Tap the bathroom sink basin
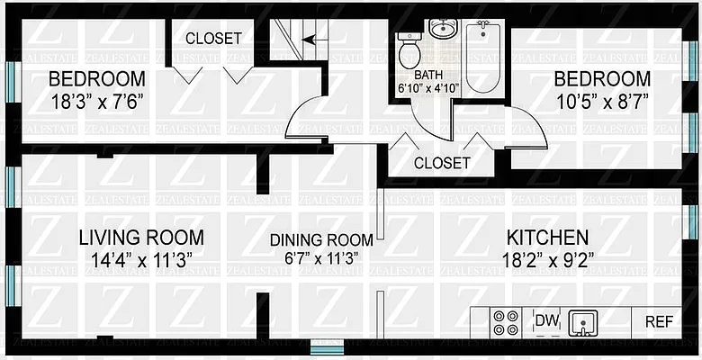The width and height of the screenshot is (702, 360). pyautogui.click(x=442, y=30)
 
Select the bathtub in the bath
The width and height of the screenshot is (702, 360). pyautogui.click(x=482, y=56)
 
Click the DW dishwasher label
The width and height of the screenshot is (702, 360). pyautogui.click(x=546, y=320)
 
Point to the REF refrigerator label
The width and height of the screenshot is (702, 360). pyautogui.click(x=658, y=320)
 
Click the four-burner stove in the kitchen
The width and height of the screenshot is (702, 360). pyautogui.click(x=506, y=322)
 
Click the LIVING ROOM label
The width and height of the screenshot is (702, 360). pyautogui.click(x=140, y=238)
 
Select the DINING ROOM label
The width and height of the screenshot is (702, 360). pyautogui.click(x=322, y=240)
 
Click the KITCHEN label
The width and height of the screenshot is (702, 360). pyautogui.click(x=547, y=238)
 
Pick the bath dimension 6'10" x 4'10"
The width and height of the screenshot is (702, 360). pyautogui.click(x=429, y=89)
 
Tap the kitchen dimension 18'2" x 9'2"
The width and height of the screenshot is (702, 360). pyautogui.click(x=547, y=261)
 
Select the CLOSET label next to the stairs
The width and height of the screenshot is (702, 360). pyautogui.click(x=213, y=39)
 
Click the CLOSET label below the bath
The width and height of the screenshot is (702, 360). pyautogui.click(x=441, y=163)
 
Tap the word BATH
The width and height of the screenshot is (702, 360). pyautogui.click(x=429, y=76)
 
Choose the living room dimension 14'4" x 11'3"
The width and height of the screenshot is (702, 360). pyautogui.click(x=140, y=261)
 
